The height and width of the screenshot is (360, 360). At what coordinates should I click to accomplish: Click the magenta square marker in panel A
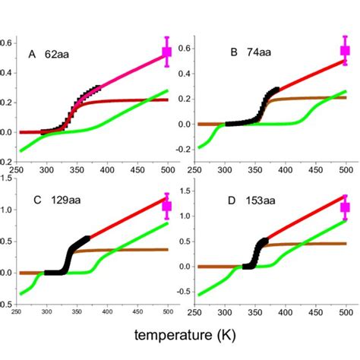point(167,52)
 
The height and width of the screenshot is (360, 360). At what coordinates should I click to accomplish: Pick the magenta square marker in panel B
point(346,51)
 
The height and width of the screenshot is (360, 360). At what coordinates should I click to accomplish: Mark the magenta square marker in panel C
point(167,206)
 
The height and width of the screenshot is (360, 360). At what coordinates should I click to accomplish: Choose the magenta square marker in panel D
point(346,207)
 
